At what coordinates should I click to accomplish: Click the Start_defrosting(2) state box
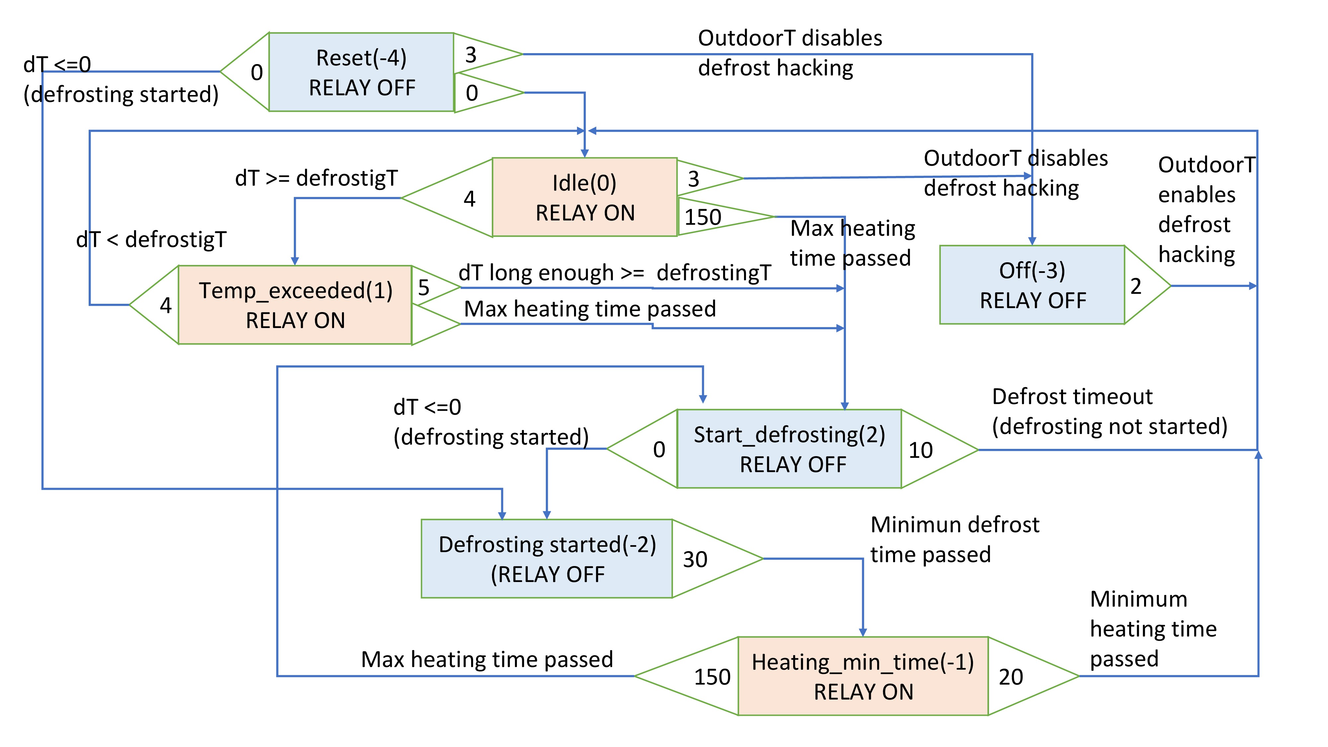(789, 449)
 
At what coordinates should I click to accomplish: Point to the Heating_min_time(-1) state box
(863, 676)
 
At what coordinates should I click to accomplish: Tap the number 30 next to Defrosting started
(695, 560)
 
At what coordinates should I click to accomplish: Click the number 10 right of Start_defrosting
(920, 451)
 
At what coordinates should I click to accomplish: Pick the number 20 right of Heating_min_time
(1010, 677)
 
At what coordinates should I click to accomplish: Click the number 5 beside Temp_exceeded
(424, 288)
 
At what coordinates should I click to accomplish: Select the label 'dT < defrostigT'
(151, 240)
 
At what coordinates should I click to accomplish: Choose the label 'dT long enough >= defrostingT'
(615, 273)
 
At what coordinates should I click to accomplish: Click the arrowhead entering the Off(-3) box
(1032, 241)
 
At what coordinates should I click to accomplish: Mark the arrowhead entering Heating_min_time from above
(863, 632)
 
